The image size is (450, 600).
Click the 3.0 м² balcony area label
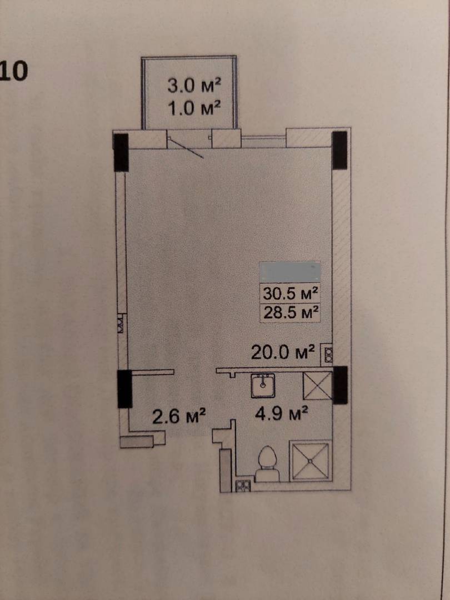[x=194, y=85]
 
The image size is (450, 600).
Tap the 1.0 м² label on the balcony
[x=194, y=108]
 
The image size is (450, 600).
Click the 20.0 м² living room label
[x=283, y=352]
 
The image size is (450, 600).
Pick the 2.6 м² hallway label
[x=179, y=416]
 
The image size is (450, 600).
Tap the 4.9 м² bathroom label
[x=282, y=413]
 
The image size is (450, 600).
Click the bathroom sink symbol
[x=263, y=386]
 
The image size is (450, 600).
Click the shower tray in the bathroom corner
[x=311, y=461]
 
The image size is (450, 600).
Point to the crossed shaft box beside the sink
[x=317, y=386]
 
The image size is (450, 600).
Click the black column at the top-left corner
[x=121, y=152]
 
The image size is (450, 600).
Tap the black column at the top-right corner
[x=339, y=150]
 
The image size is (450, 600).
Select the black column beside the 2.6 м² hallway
[x=125, y=389]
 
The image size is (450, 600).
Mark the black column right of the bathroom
[x=340, y=385]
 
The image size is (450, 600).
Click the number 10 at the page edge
[x=14, y=71]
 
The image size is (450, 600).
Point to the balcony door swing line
[x=186, y=148]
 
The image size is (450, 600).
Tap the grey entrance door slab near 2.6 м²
[x=137, y=442]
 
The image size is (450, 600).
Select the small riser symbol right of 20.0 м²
[x=328, y=354]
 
